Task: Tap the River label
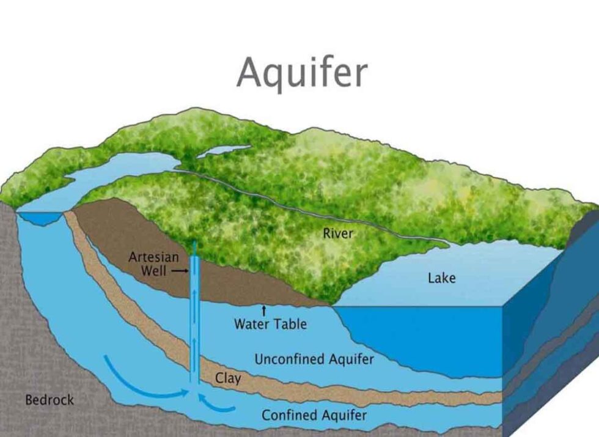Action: pyautogui.click(x=338, y=233)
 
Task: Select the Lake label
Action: pyautogui.click(x=441, y=278)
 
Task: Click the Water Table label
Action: pyautogui.click(x=270, y=323)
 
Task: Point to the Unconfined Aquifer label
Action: pyautogui.click(x=314, y=359)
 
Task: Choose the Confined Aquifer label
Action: pyautogui.click(x=314, y=416)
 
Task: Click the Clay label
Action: pyautogui.click(x=227, y=378)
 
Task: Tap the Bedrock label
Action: pyautogui.click(x=50, y=400)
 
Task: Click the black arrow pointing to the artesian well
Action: pyautogui.click(x=179, y=270)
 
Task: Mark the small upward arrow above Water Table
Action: pyautogui.click(x=264, y=310)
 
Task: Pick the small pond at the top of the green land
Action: pyautogui.click(x=222, y=151)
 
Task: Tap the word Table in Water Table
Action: pyautogui.click(x=290, y=323)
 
